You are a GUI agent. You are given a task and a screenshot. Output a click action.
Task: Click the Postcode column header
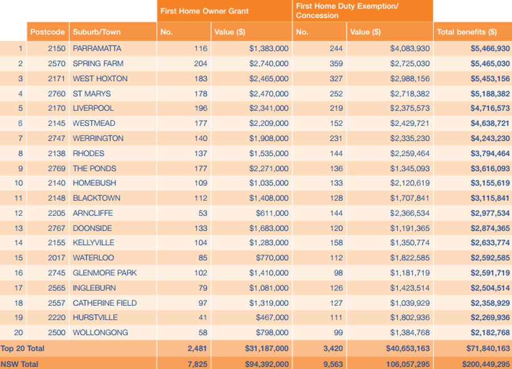[x=47, y=32]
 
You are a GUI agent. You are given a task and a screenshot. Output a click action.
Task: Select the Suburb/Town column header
[x=97, y=32]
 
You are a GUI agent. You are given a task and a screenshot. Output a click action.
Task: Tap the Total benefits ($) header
[x=466, y=32]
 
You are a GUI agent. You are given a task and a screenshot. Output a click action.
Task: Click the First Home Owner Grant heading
[x=204, y=11]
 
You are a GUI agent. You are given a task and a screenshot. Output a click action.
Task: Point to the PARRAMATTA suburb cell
[x=97, y=49]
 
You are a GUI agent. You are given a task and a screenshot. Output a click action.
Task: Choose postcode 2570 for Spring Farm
[x=56, y=63]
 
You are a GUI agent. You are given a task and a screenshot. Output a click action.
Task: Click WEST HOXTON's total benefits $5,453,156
[x=490, y=79]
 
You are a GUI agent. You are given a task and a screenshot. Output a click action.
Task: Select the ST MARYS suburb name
[x=92, y=94]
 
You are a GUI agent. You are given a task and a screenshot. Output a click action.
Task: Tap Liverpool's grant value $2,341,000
[x=269, y=108]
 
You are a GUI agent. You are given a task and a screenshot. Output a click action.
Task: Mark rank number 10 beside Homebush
[x=19, y=183]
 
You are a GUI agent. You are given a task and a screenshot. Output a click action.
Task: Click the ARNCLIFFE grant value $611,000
[x=272, y=213]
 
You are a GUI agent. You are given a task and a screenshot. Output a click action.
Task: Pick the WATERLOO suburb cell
[x=93, y=258]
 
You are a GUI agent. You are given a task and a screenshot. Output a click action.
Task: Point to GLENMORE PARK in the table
[x=105, y=273]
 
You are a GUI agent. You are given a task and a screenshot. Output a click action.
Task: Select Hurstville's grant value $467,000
[x=272, y=318]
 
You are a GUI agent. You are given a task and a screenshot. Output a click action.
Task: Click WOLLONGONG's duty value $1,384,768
[x=410, y=333]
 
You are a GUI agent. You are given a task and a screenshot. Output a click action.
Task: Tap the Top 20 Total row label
[x=23, y=348]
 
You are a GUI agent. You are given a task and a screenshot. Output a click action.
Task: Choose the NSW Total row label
[x=19, y=364]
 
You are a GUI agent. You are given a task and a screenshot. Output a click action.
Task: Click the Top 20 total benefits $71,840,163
[x=488, y=348]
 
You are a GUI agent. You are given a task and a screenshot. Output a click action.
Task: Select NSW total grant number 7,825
[x=197, y=364]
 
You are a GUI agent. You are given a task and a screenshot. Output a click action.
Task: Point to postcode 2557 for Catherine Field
[x=56, y=303]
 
